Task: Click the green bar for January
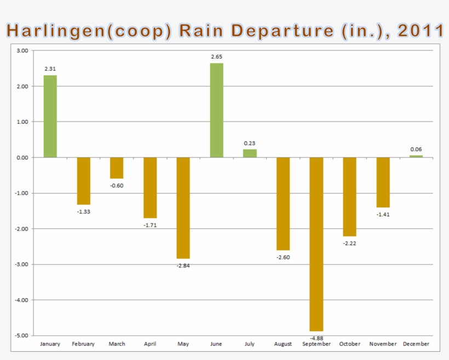tap(50, 116)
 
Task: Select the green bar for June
tap(216, 110)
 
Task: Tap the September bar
tap(316, 244)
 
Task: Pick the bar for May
tap(183, 208)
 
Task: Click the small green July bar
tap(250, 153)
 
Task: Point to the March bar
tap(117, 168)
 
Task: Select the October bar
tap(349, 197)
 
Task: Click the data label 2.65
tap(216, 57)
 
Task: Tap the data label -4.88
tap(316, 338)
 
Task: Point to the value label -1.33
tap(83, 211)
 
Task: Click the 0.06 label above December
tap(416, 149)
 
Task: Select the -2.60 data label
tap(283, 256)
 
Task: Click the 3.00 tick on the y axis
tap(22, 50)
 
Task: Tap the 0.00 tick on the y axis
tap(22, 157)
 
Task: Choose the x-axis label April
tap(150, 344)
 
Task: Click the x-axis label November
tap(383, 344)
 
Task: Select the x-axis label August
tap(283, 344)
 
